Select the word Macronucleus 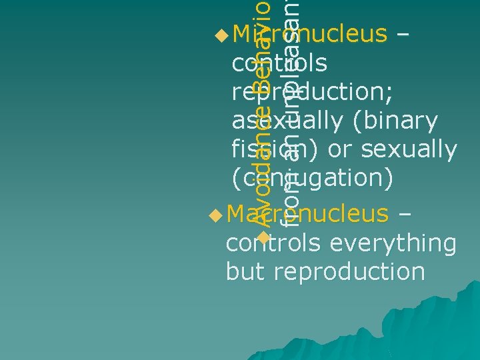(x=307, y=214)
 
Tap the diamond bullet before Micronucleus (x=222, y=33)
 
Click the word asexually (x=287, y=121)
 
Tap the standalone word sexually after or (x=407, y=150)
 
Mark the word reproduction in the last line (x=349, y=272)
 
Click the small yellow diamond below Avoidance (x=264, y=237)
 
